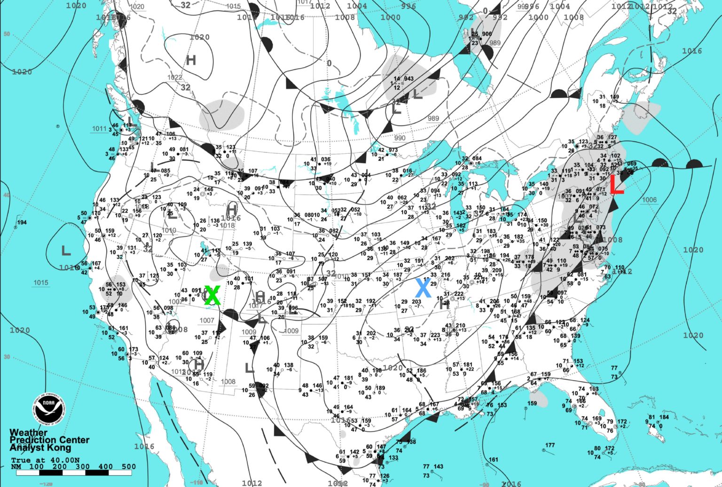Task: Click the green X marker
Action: pos(212,295)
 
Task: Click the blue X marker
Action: pos(423,288)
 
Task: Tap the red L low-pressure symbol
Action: pos(616,187)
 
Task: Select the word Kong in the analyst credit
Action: pos(75,448)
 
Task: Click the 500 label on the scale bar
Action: pos(129,467)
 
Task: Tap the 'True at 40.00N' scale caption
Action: pos(46,460)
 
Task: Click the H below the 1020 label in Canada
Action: pos(190,60)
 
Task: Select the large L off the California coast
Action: pos(66,250)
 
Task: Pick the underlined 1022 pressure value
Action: pos(174,78)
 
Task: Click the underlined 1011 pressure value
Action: pos(99,129)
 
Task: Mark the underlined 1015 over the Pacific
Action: pos(41,283)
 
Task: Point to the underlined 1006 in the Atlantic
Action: pos(649,200)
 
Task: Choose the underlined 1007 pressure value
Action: pos(207,321)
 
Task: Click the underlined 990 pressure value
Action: pos(400,138)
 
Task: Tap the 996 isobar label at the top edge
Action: pos(408,6)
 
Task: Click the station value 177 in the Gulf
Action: pos(550,445)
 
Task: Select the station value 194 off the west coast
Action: pos(22,222)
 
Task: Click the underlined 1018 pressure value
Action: pos(227,226)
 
